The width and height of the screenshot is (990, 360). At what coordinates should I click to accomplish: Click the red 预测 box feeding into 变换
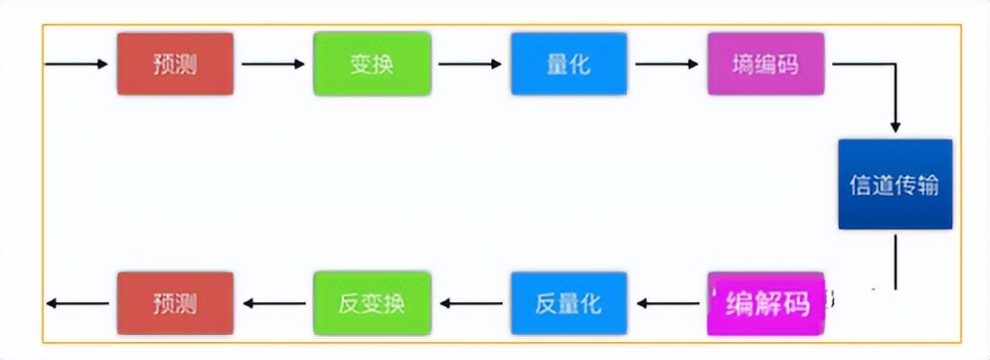[x=175, y=65]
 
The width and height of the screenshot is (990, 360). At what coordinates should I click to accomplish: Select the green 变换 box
[x=372, y=65]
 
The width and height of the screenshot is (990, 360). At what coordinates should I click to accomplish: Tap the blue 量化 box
[x=569, y=65]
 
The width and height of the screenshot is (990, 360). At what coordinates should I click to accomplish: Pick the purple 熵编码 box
[x=765, y=65]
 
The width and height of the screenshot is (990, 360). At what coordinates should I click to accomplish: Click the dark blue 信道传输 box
[x=895, y=185]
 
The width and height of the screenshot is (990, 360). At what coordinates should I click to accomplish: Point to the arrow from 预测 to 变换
[x=272, y=65]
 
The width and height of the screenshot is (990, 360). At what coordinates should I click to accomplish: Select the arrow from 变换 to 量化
[x=469, y=65]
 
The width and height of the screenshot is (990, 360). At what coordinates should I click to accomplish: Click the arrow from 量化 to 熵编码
[x=666, y=65]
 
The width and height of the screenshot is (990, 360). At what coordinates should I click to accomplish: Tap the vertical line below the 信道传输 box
[x=896, y=261]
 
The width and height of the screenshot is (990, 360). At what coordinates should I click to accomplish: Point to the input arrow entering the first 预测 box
[x=77, y=65]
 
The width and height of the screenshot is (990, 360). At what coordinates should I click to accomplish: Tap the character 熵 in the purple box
[x=742, y=65]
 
